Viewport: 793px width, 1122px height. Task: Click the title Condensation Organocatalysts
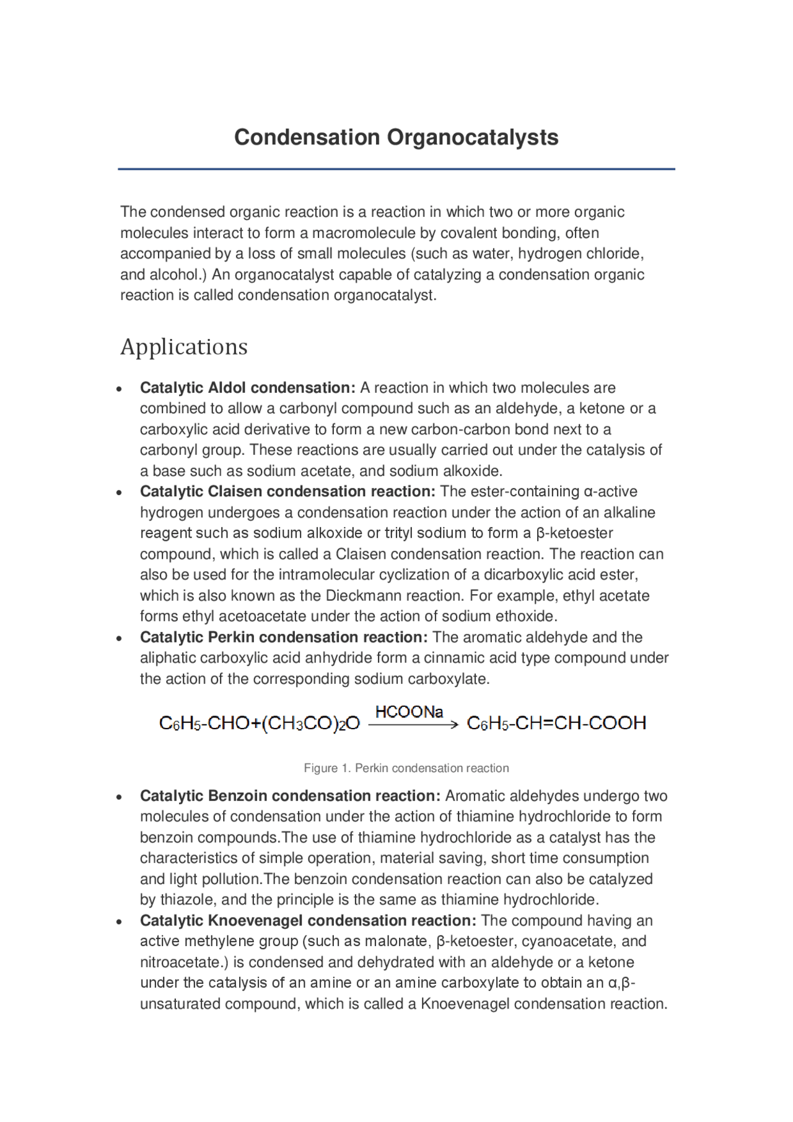click(396, 137)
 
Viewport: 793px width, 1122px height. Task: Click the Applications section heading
click(184, 346)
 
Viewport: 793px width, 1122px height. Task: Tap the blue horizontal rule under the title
click(396, 169)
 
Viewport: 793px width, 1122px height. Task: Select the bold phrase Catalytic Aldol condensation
click(247, 388)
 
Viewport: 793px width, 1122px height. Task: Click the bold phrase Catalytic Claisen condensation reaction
click(287, 491)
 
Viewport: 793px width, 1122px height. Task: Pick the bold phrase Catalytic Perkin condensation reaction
click(284, 637)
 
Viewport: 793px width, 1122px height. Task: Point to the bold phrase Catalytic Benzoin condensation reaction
click(290, 795)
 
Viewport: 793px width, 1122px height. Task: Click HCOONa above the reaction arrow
click(409, 712)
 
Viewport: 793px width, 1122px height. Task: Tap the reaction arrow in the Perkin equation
click(413, 724)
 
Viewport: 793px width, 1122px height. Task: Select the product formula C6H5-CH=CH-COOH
click(556, 723)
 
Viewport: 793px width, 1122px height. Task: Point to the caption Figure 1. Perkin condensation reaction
click(406, 768)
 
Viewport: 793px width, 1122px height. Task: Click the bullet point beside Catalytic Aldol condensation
click(119, 389)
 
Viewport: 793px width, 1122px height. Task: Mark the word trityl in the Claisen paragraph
click(398, 533)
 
